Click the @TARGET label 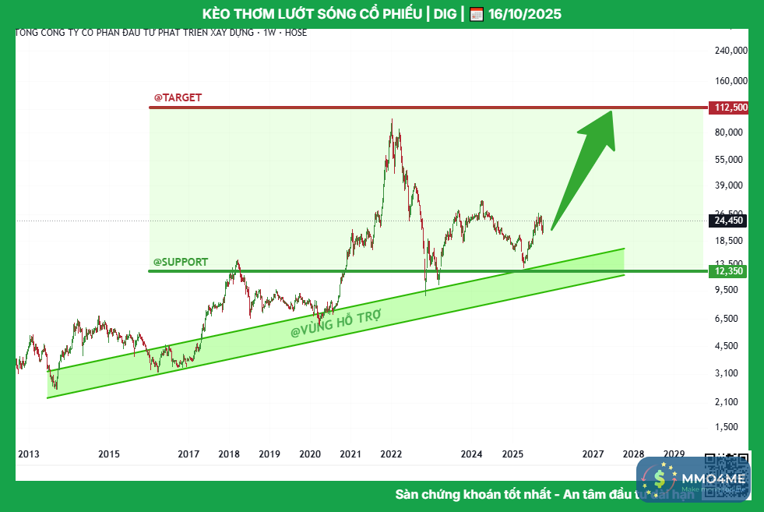tap(178, 97)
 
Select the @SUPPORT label tap(181, 262)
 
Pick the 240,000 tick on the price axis tap(730, 50)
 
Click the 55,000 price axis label tap(731, 160)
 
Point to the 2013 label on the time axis tap(28, 454)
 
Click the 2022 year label tap(391, 454)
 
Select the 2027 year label tap(593, 454)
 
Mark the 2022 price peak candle tap(392, 120)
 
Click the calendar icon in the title tap(477, 14)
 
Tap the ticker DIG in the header tap(444, 14)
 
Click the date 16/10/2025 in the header tap(525, 14)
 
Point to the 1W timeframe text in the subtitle tap(269, 33)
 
